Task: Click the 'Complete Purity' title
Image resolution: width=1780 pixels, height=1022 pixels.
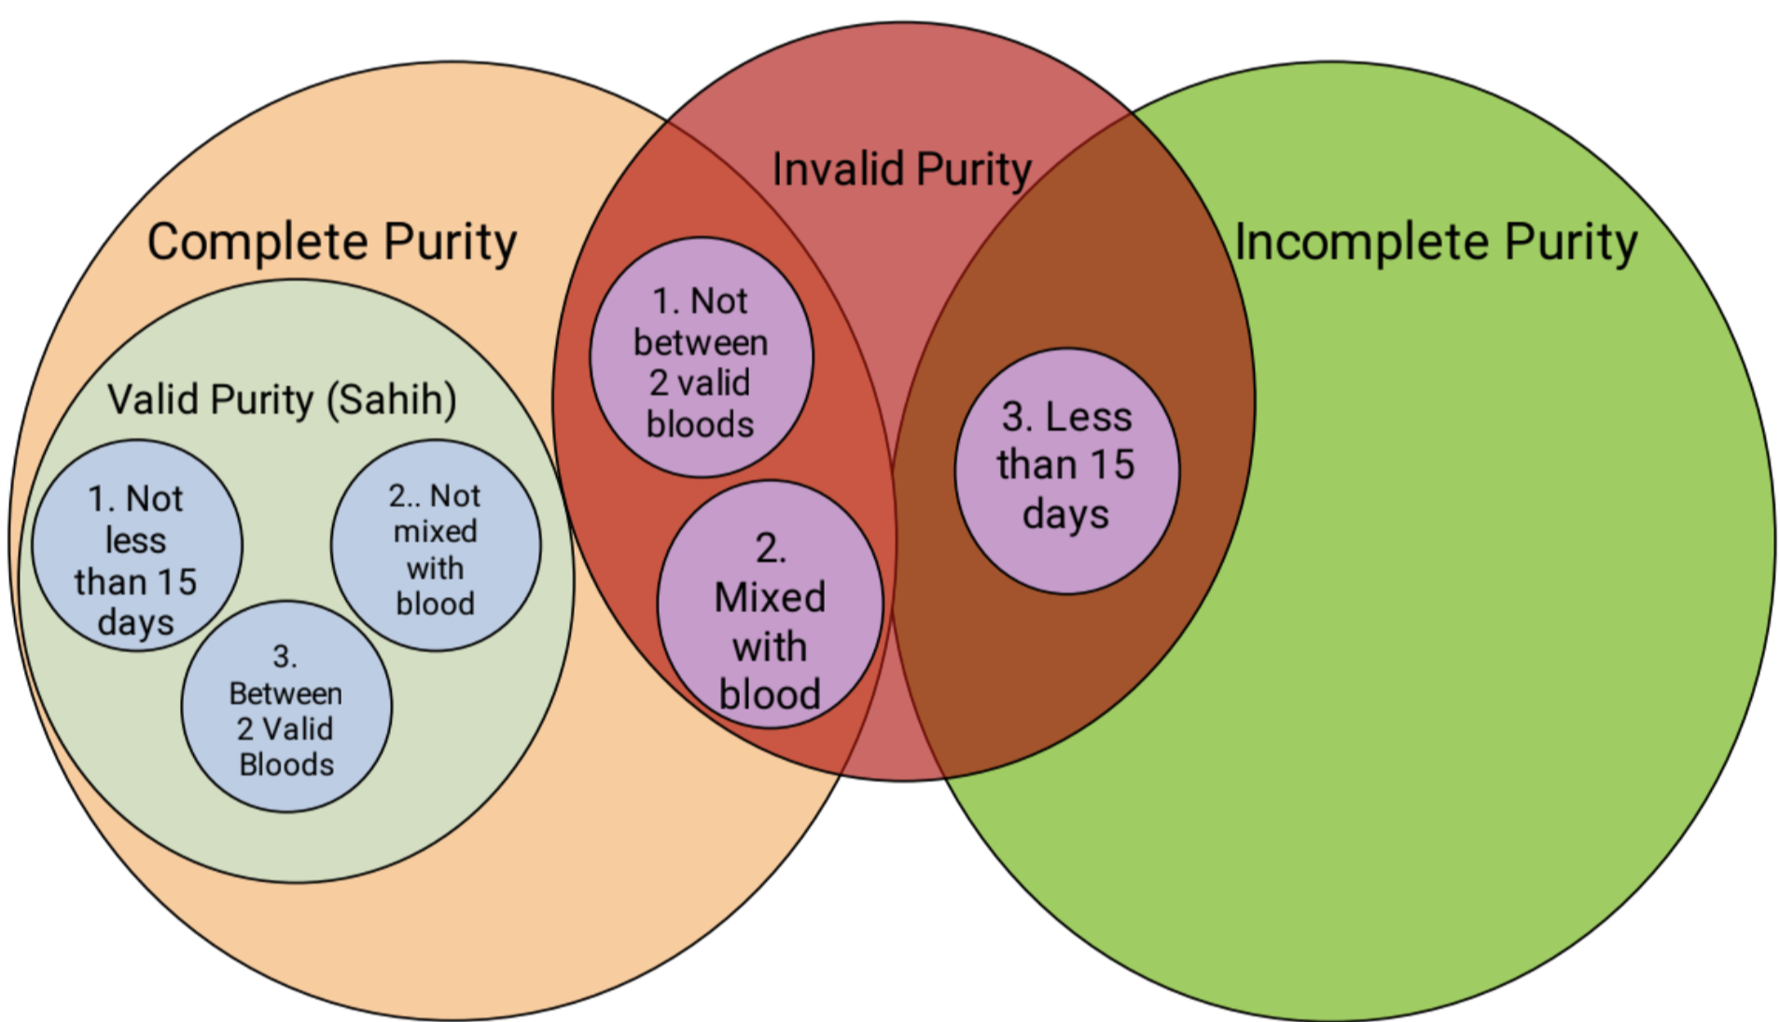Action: (331, 242)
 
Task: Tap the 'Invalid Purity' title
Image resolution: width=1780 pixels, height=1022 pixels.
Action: (901, 170)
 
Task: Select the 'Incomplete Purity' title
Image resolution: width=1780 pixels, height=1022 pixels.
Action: (1436, 242)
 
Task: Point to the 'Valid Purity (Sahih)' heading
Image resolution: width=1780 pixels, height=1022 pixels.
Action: (282, 399)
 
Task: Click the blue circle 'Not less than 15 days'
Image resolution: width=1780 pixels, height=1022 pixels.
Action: (137, 546)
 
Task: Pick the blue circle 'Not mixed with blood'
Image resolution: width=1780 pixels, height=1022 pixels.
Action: (435, 546)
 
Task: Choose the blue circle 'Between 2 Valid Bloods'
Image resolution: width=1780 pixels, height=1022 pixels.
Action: (286, 707)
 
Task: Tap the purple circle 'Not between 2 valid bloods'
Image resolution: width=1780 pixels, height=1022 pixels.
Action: (701, 357)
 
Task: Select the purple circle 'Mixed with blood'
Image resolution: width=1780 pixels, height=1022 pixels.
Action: (770, 604)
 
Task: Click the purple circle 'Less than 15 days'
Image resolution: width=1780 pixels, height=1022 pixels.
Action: (1066, 471)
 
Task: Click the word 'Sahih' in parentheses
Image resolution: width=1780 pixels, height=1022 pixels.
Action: (391, 399)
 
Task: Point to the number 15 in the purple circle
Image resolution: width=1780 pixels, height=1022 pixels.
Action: (1111, 464)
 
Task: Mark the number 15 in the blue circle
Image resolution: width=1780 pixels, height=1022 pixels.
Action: (175, 582)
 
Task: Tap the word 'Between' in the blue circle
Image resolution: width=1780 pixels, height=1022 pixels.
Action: (285, 694)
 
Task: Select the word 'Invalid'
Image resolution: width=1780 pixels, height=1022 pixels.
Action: (838, 170)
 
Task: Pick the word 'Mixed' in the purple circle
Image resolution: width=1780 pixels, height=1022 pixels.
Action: (770, 598)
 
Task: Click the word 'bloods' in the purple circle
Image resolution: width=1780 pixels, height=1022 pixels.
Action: (700, 424)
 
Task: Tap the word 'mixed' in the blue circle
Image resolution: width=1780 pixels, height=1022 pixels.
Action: (435, 532)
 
